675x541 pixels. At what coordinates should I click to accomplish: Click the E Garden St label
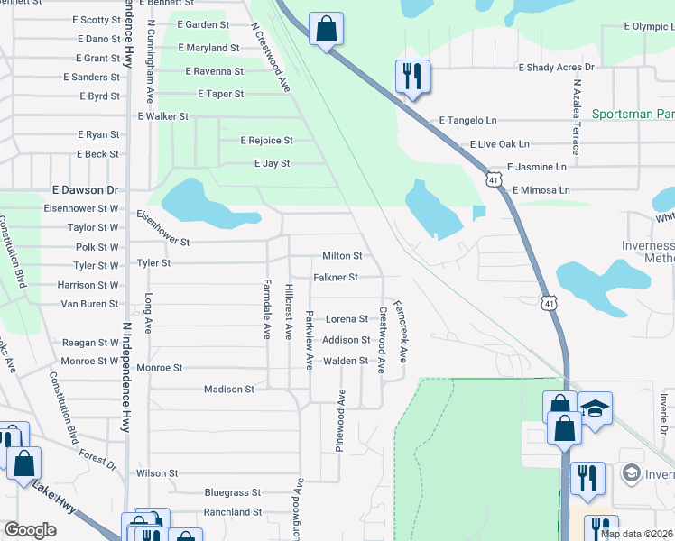[x=203, y=25]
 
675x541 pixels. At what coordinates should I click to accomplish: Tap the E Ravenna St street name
[x=214, y=70]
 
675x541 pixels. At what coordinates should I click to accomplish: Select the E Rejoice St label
[x=266, y=141]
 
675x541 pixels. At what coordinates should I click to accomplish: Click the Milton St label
[x=342, y=257]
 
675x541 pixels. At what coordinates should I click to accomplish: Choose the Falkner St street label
[x=336, y=278]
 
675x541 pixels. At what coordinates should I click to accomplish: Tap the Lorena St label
[x=347, y=319]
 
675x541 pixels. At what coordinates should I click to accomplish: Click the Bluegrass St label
[x=232, y=493]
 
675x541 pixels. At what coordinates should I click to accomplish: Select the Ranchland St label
[x=232, y=512]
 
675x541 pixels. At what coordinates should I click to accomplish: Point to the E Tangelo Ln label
[x=467, y=120]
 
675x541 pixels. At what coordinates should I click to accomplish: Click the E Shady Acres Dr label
[x=557, y=68]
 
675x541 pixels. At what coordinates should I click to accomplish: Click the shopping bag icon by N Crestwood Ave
[x=325, y=29]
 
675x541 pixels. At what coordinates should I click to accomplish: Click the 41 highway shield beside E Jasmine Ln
[x=493, y=179]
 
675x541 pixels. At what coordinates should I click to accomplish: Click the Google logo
[x=31, y=530]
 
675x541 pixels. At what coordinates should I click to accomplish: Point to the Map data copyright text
[x=637, y=534]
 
